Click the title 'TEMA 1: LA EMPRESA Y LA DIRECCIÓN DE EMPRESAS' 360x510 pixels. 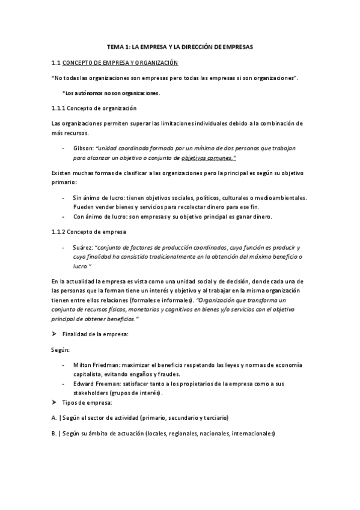pos(180,46)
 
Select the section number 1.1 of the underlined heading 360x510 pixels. pos(56,62)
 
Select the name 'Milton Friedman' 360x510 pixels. pos(96,365)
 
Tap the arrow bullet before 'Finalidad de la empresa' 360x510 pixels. pos(55,333)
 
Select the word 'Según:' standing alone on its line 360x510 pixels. pos(61,349)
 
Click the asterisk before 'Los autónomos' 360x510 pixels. pos(63,93)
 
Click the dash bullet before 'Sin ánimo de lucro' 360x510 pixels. pos(64,197)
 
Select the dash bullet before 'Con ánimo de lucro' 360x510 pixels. pos(64,216)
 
